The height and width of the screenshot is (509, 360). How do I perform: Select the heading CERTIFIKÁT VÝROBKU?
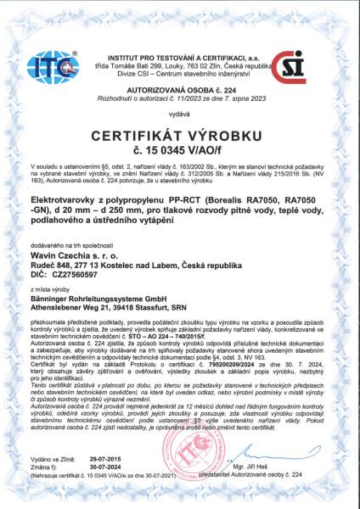(179, 135)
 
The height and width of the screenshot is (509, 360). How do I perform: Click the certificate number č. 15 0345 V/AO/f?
(179, 150)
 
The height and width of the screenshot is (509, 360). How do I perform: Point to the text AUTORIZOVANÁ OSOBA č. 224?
(179, 87)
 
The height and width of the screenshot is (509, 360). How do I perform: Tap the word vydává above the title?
(179, 111)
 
